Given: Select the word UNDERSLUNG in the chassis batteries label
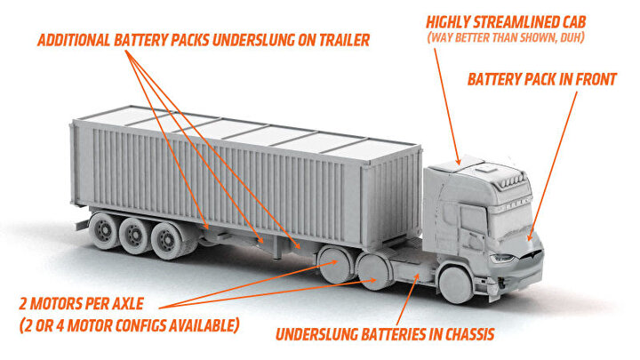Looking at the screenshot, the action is tap(312, 334).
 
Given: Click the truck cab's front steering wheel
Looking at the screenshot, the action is tap(456, 284).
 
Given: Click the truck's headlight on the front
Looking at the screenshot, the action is tap(502, 258).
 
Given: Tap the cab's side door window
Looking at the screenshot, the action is tap(474, 220).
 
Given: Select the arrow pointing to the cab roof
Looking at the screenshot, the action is tap(447, 106).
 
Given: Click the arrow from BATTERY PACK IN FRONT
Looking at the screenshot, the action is tap(553, 165).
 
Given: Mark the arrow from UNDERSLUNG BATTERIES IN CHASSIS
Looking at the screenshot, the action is tap(408, 300).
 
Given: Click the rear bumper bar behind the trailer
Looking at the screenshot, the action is tap(82, 224).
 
